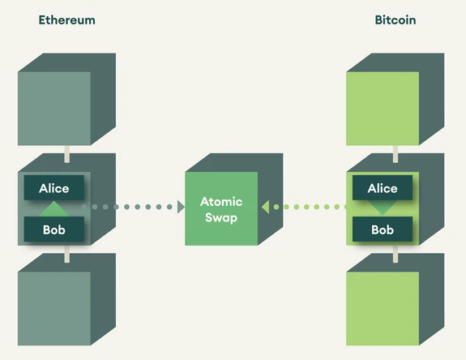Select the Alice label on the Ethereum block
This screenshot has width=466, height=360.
54,188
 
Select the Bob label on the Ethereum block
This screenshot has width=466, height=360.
54,229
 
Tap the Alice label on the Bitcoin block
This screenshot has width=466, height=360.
383,188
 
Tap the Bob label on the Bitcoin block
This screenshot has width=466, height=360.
383,229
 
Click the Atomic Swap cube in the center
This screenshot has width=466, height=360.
221,208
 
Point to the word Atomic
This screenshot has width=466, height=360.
221,202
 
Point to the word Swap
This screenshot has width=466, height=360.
221,217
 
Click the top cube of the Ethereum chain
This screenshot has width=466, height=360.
54,108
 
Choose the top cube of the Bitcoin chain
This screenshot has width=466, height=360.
383,108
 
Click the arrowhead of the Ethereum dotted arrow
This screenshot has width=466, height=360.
181,208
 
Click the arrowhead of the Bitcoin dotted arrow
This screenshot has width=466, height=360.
264,208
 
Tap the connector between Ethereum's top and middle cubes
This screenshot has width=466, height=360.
66,152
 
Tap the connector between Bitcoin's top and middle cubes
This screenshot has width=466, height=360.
395,152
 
